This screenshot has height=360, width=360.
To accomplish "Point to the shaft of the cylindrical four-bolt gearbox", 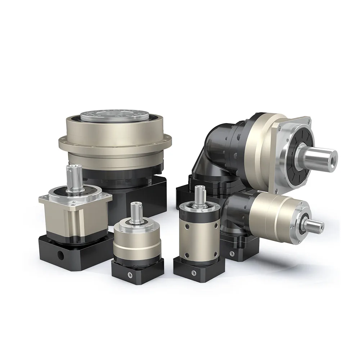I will pyautogui.click(x=199, y=196).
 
